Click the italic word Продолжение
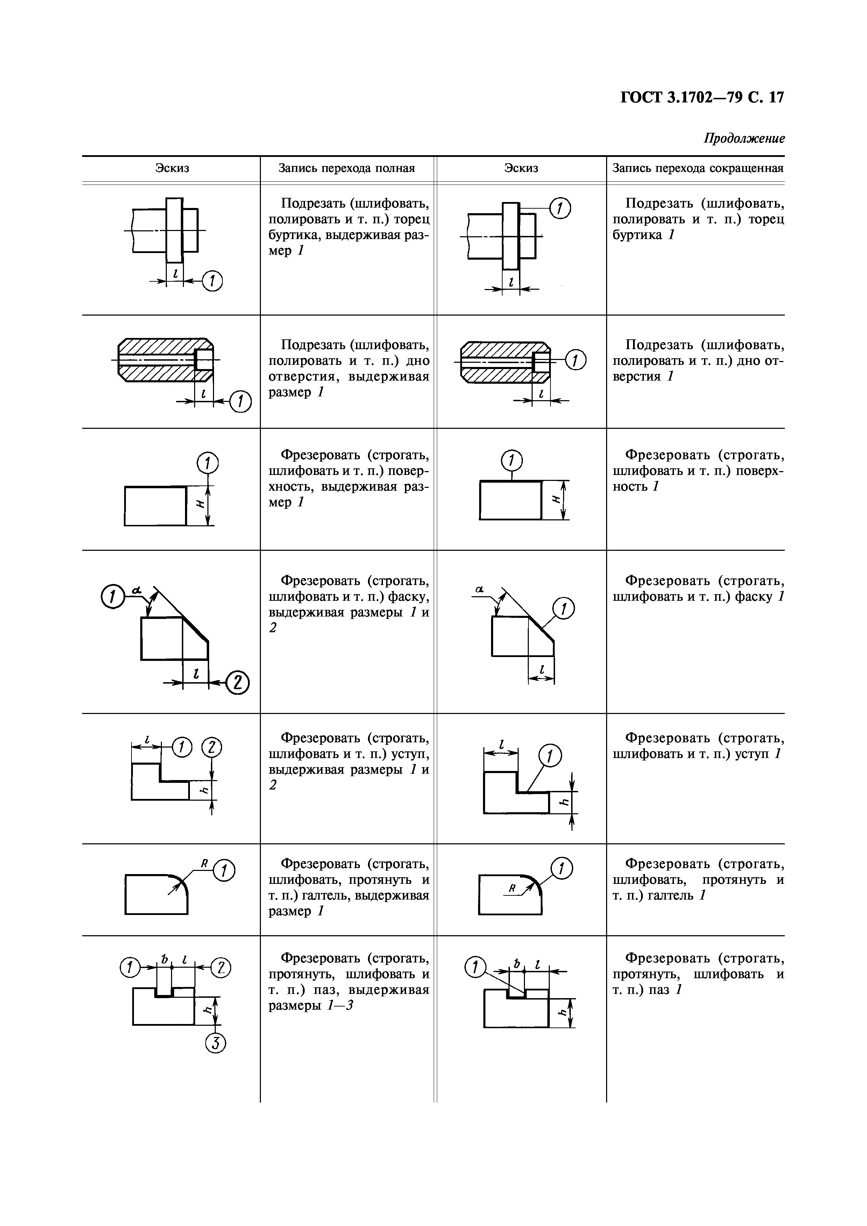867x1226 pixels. (x=744, y=139)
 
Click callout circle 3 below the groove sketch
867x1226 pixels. (x=216, y=1043)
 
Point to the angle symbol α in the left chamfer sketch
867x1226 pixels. (x=137, y=590)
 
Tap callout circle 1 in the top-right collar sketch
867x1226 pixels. (x=560, y=208)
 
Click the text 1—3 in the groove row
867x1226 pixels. (x=340, y=1005)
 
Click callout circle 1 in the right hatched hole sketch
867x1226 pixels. (x=575, y=361)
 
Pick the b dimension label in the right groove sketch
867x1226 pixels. (x=517, y=964)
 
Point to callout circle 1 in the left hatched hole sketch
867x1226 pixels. (x=240, y=402)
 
